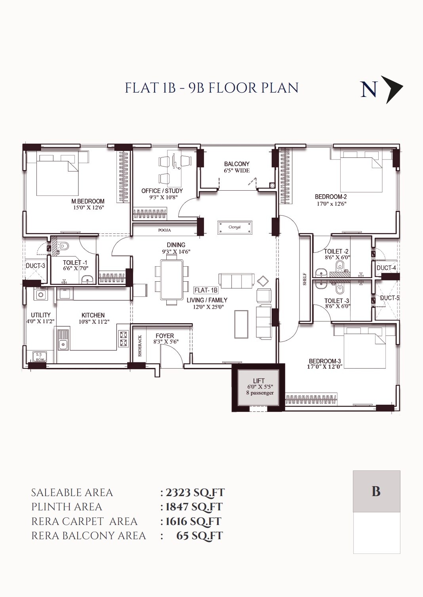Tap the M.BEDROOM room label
click(x=88, y=201)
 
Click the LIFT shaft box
click(x=258, y=387)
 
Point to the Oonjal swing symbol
click(x=234, y=227)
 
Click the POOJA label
click(x=164, y=230)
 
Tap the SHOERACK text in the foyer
click(x=140, y=346)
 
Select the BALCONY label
click(x=236, y=164)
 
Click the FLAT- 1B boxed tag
click(x=206, y=290)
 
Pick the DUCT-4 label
click(x=386, y=268)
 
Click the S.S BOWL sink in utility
click(x=40, y=357)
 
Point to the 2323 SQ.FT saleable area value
click(x=195, y=493)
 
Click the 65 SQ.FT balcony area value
click(x=200, y=536)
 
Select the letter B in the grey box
click(x=376, y=491)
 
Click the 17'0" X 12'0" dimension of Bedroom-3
click(x=324, y=367)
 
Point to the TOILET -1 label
click(x=75, y=262)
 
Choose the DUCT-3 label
click(x=36, y=266)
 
